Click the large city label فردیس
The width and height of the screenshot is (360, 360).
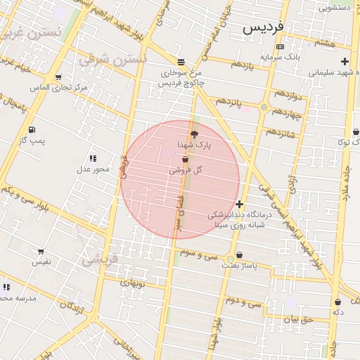[263, 27]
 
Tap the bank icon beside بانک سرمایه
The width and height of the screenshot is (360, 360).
[281, 47]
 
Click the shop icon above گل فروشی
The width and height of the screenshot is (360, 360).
[184, 160]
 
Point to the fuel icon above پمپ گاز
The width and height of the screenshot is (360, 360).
[32, 130]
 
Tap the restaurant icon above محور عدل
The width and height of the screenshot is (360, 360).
[93, 158]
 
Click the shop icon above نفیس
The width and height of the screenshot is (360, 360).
[41, 252]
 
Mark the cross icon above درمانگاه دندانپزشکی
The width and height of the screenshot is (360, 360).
[239, 204]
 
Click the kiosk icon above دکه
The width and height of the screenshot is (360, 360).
[337, 302]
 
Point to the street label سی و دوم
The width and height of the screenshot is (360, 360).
[243, 302]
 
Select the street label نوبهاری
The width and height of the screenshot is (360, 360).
[131, 283]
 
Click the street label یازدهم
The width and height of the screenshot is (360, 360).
[240, 65]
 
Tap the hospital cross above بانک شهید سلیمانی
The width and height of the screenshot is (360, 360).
[344, 62]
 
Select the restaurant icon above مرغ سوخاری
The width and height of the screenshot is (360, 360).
[181, 61]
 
